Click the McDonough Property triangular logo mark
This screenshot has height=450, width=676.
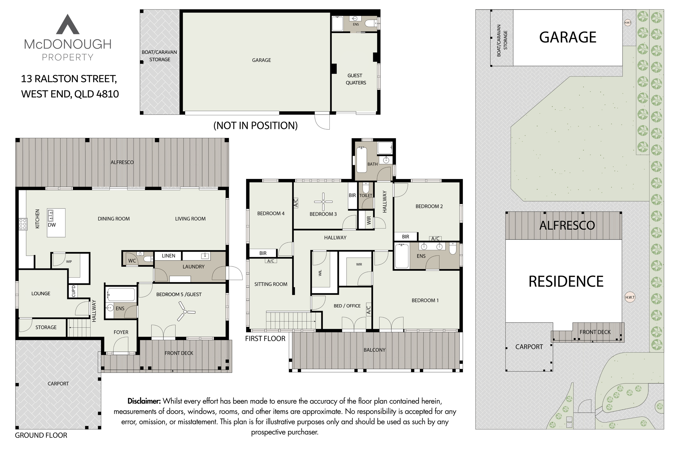pos(67,24)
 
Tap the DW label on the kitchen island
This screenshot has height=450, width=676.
pos(52,225)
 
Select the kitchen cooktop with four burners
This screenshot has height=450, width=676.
pos(23,224)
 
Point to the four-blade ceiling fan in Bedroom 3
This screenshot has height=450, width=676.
pos(323,201)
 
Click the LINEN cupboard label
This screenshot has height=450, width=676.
pos(168,256)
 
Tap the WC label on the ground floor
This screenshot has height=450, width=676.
pos(132,261)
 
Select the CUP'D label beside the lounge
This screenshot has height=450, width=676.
pos(73,291)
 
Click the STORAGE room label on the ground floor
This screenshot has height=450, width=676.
pos(46,327)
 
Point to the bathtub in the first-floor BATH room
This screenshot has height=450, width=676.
pos(361,160)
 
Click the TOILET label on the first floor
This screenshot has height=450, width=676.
pos(366,196)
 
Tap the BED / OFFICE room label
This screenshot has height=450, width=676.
pos(347,306)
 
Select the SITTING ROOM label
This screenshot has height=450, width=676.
pos(271,284)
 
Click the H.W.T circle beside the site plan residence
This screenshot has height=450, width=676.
pos(630,297)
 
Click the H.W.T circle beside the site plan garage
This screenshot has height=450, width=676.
pos(628,23)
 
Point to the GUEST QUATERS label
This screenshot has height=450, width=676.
pos(355,79)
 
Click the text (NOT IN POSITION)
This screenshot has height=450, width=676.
pos(255,125)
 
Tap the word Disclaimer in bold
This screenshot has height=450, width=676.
pos(144,401)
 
